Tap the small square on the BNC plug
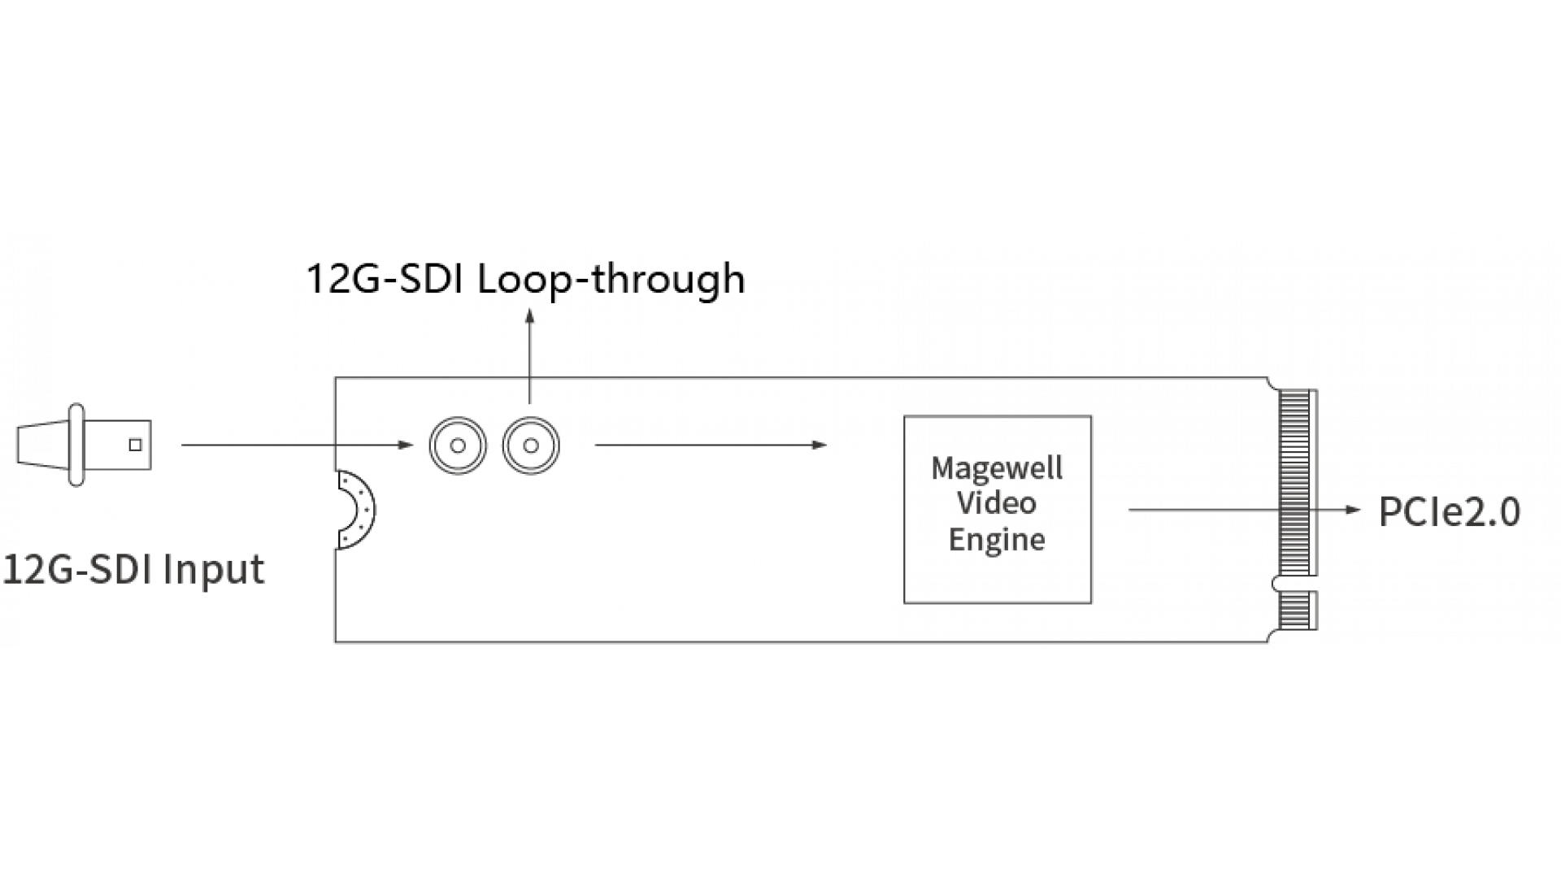tap(136, 445)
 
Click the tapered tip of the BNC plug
tap(41, 446)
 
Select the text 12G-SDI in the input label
tap(78, 569)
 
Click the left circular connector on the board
tap(458, 446)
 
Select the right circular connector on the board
tap(530, 446)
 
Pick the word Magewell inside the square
tap(998, 468)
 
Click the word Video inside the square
tap(997, 503)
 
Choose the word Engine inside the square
tap(998, 539)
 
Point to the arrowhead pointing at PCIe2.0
tap(1354, 511)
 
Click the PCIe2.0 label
tap(1450, 512)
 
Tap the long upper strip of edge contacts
tap(1298, 481)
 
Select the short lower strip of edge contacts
tap(1298, 609)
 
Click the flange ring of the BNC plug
tap(76, 446)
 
